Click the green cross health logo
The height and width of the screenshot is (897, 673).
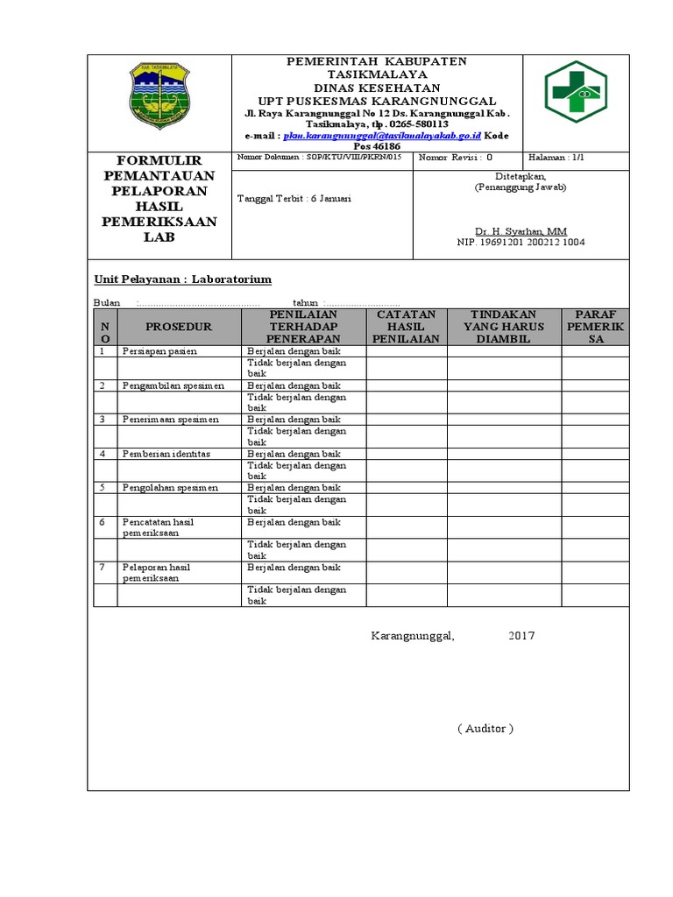click(575, 91)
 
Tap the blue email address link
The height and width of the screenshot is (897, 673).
click(382, 137)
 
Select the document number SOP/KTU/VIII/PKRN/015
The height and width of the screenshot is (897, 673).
click(319, 158)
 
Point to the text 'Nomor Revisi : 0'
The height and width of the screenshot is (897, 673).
click(456, 158)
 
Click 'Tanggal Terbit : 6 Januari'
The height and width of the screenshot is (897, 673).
click(294, 199)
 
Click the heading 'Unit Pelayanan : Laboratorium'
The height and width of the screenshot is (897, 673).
click(183, 279)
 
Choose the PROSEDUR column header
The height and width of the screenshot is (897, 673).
click(179, 327)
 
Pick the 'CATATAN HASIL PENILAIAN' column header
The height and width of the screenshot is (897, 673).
click(407, 327)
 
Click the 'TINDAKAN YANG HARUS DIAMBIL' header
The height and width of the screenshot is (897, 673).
click(504, 327)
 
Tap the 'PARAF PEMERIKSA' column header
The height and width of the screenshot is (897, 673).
click(595, 327)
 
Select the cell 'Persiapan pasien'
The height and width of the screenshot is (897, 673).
click(159, 351)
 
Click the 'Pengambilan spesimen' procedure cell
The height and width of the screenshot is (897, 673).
click(173, 385)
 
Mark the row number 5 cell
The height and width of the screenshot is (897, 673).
click(103, 487)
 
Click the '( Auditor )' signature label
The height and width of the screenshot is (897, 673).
click(485, 729)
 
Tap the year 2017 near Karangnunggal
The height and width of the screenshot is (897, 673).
click(521, 636)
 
